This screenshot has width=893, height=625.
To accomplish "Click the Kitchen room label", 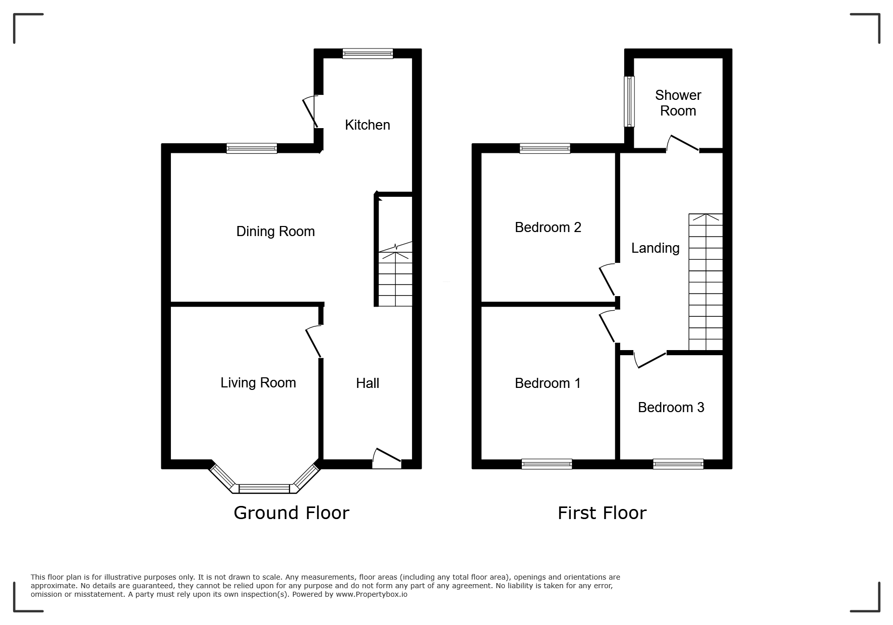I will coord(367,125).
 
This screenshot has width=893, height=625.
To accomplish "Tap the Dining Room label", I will coord(275,231).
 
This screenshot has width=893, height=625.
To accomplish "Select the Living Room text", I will coord(258,382).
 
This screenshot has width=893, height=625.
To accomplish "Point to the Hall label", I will coord(367,383).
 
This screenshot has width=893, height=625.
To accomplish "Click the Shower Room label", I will coord(678,103).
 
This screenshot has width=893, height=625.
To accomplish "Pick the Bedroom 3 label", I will coord(671,407).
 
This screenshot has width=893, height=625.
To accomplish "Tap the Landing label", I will coord(655,248).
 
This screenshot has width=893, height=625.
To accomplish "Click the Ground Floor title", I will coord(291,513).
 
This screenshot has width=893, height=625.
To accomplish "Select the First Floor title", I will coord(602,513).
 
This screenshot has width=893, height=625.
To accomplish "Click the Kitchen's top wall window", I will coord(368,53).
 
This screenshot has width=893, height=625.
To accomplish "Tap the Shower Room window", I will coord(629,101).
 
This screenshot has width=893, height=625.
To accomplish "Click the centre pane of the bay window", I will coord(264,488).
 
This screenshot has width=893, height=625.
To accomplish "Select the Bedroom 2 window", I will coord(545,148).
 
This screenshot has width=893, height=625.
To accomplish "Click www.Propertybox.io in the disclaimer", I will coord(372,594).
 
